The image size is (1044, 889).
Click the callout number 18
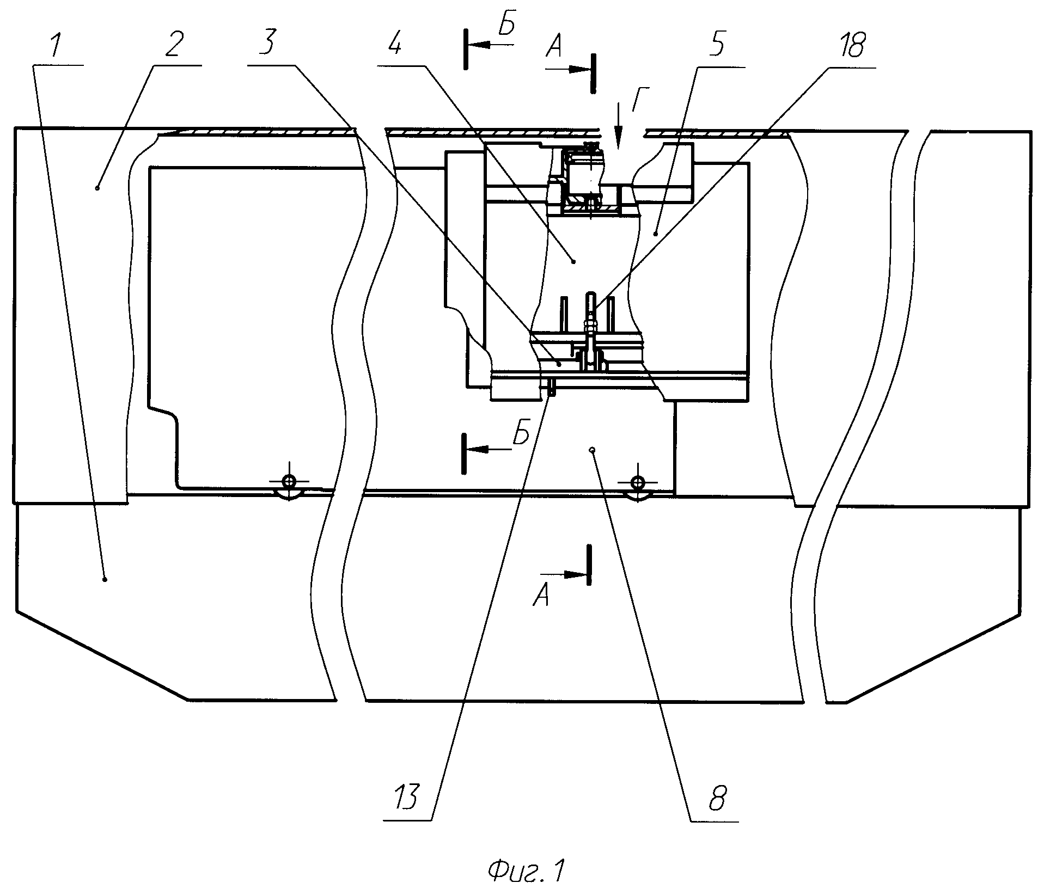(849, 45)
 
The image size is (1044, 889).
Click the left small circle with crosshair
(289, 481)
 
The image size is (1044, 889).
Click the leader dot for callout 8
(592, 450)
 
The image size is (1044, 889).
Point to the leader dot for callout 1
(105, 580)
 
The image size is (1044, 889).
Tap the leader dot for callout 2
(97, 188)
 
